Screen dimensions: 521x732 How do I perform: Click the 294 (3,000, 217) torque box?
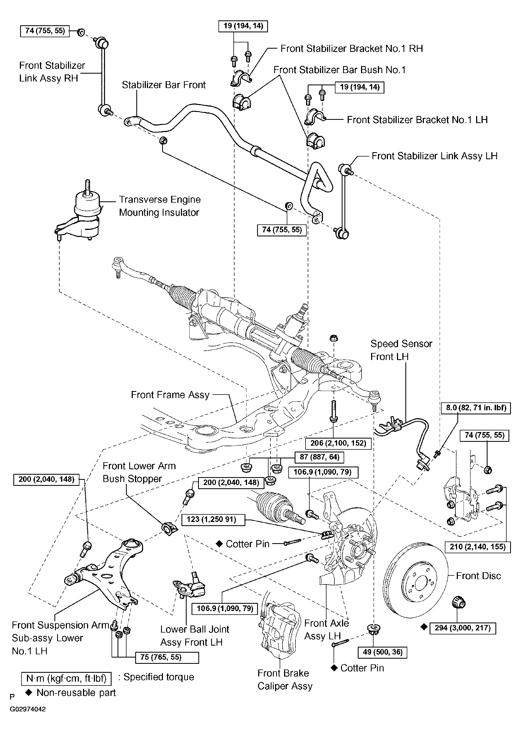(463, 628)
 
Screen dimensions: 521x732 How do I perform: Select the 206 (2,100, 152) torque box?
(338, 443)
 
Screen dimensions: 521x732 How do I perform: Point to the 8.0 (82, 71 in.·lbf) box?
(476, 408)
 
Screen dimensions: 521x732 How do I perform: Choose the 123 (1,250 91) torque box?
(213, 519)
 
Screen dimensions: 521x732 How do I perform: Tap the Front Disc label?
(478, 576)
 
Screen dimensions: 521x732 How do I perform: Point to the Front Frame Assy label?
(170, 395)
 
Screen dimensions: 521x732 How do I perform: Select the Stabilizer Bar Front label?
(164, 85)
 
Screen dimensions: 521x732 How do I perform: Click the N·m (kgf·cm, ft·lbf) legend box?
(66, 678)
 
